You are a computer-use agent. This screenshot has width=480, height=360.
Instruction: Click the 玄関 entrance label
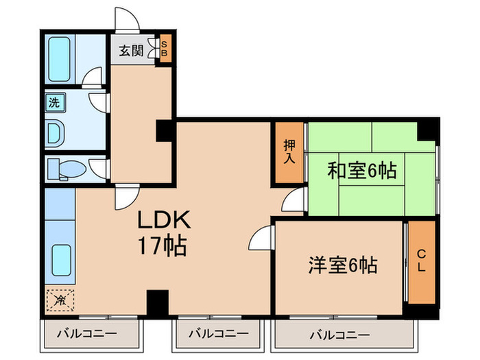click(132, 51)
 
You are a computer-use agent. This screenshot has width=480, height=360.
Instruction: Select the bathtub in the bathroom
click(60, 59)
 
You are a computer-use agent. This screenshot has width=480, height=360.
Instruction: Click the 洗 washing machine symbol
click(54, 102)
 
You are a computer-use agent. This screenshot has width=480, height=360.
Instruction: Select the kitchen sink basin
click(61, 260)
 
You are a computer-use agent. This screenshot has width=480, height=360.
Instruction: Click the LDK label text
click(165, 219)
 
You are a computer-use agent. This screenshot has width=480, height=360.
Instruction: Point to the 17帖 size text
click(163, 245)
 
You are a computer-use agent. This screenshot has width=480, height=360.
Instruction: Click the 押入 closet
click(289, 152)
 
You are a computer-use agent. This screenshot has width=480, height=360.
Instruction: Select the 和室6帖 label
click(362, 171)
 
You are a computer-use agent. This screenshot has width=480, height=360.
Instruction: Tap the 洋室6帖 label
click(343, 265)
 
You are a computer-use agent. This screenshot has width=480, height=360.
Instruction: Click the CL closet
click(422, 262)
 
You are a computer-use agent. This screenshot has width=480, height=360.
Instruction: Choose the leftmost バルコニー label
click(87, 333)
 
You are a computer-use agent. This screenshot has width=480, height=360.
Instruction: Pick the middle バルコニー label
click(219, 333)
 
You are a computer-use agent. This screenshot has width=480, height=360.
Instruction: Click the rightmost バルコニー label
click(340, 335)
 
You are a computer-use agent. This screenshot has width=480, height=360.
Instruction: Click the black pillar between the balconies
click(158, 302)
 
